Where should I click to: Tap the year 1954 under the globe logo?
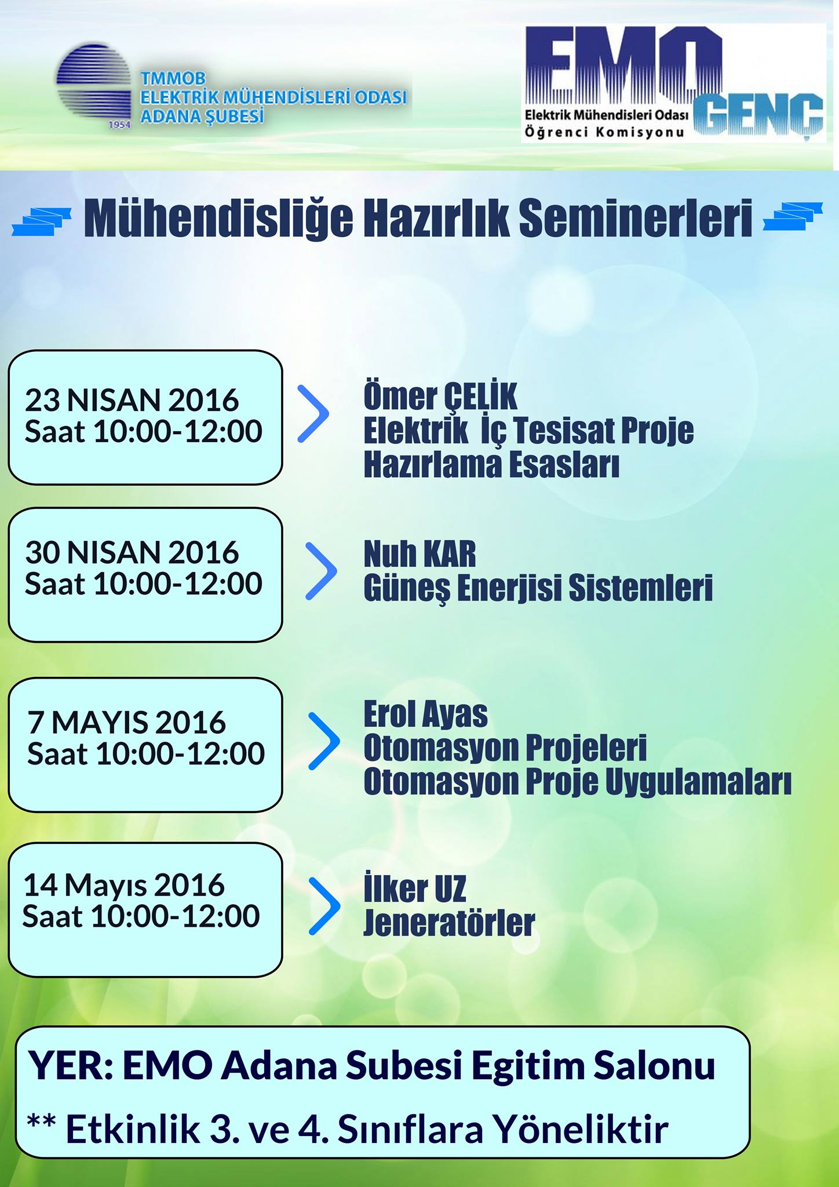[x=120, y=125]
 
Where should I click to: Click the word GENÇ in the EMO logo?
[x=758, y=114]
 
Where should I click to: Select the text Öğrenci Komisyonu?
[x=604, y=132]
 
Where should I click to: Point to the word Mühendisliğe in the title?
[x=218, y=219]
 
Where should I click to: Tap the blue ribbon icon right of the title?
[x=793, y=216]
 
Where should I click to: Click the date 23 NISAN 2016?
[x=132, y=400]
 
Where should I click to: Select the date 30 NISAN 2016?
[x=132, y=552]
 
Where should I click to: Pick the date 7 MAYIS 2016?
[x=126, y=723]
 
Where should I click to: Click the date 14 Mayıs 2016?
[x=124, y=886]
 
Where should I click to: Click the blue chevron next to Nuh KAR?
[x=321, y=571]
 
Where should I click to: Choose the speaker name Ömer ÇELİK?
[x=440, y=396]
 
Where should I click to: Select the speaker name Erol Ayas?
[x=425, y=714]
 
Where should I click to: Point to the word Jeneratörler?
[x=449, y=923]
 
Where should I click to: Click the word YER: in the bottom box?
[x=71, y=1065]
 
